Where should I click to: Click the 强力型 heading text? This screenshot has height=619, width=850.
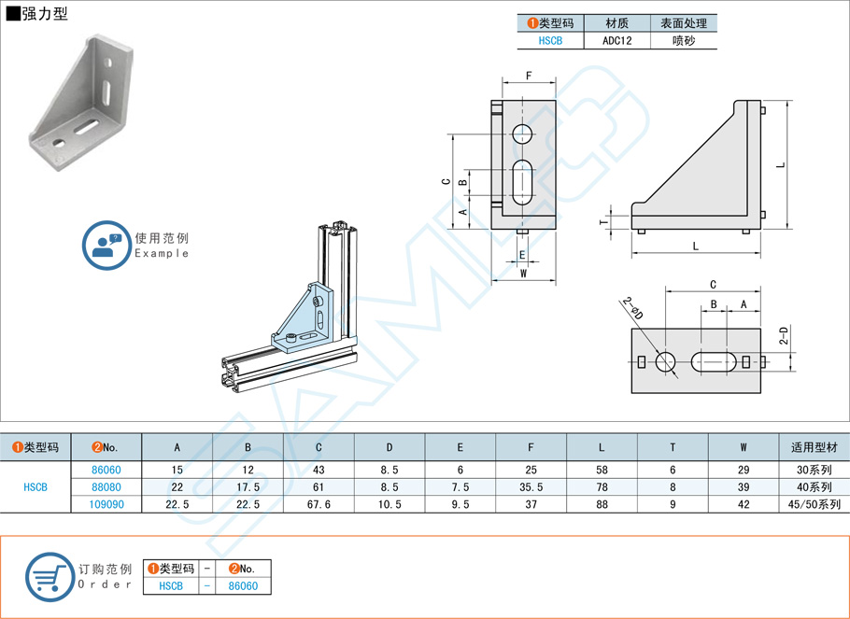pos(43,14)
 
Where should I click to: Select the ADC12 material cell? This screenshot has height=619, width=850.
pos(617,41)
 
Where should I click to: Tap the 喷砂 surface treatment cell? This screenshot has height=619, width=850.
pos(684,41)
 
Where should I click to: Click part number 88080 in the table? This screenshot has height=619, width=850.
pos(106,486)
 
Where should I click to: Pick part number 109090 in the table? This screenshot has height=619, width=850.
pos(106,504)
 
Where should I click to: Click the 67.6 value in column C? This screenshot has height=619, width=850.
pos(319,504)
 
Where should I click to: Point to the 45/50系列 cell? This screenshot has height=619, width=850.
pos(815,504)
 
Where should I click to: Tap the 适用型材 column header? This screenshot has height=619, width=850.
pos(815,447)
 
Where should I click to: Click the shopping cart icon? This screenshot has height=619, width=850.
pos(49,576)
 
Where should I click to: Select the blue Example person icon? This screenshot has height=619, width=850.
pos(106,246)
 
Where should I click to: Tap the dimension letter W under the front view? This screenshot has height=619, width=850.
pos(523,274)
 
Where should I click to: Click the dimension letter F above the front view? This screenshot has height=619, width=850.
pos(529,76)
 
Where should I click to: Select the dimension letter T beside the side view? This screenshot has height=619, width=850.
pos(602,221)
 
